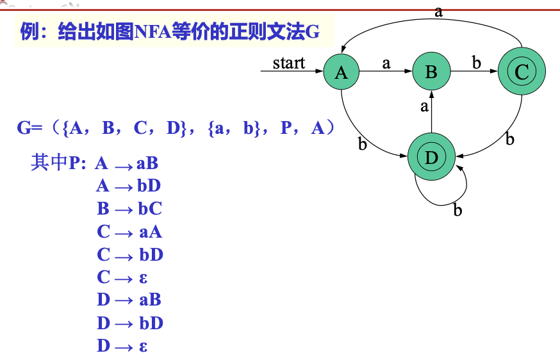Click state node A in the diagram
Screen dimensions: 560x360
pyautogui.click(x=341, y=72)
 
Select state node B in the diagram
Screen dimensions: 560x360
pyautogui.click(x=431, y=72)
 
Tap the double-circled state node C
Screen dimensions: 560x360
pyautogui.click(x=522, y=72)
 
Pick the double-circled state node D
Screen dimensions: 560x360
pyautogui.click(x=431, y=157)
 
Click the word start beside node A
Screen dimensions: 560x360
pyautogui.click(x=288, y=63)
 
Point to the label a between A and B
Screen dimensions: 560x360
pyautogui.click(x=386, y=63)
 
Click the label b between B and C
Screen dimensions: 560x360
pyautogui.click(x=477, y=62)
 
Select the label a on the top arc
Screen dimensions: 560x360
pyautogui.click(x=438, y=12)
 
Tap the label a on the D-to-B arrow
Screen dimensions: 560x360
pyautogui.click(x=424, y=106)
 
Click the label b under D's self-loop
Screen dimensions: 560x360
pyautogui.click(x=457, y=209)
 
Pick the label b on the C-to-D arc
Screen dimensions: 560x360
pyautogui.click(x=510, y=138)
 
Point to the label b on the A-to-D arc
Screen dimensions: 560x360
pyautogui.click(x=363, y=143)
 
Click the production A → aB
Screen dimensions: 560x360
pyautogui.click(x=126, y=163)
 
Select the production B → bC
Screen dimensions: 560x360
pyautogui.click(x=129, y=209)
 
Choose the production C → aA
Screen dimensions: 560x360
pyautogui.click(x=129, y=232)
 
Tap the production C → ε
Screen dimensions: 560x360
pyautogui.click(x=122, y=277)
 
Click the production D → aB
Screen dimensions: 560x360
pyautogui.click(x=129, y=300)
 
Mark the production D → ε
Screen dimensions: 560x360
pyautogui.click(x=122, y=346)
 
